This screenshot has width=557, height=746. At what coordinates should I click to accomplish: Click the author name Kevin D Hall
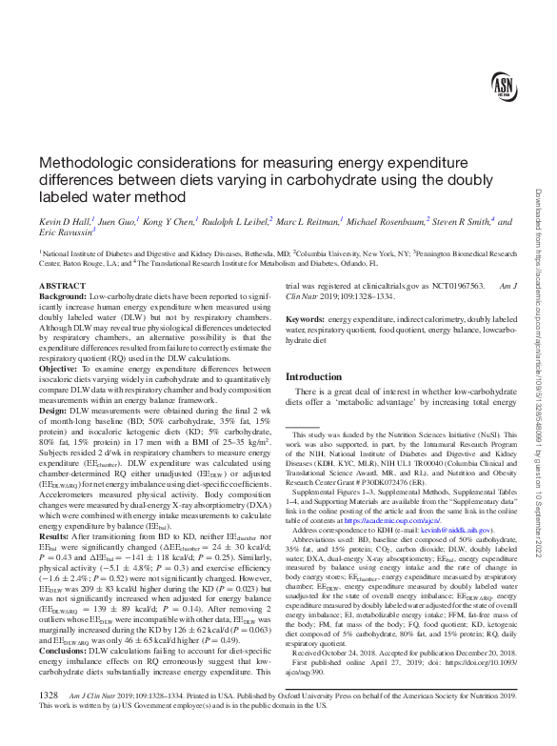64,221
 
